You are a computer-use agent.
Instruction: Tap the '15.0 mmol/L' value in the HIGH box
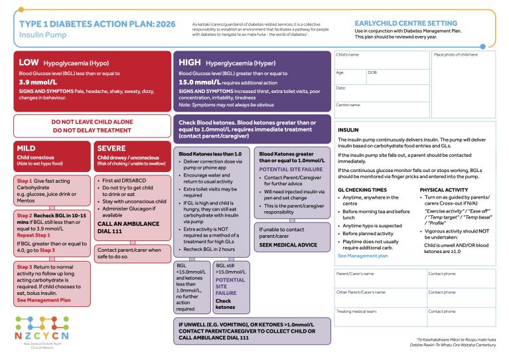point(199,84)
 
